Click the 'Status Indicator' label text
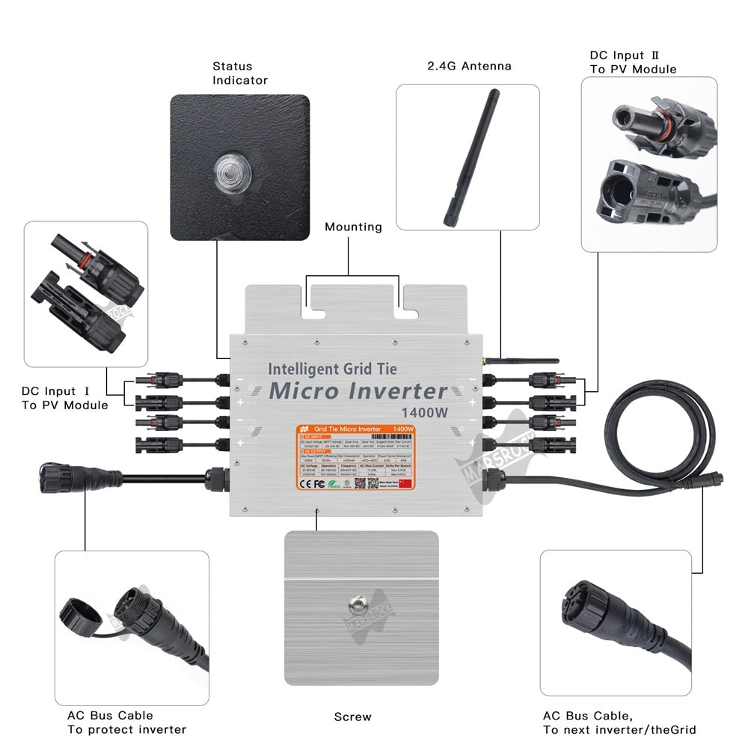[239, 73]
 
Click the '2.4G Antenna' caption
[469, 66]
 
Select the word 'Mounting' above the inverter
[352, 227]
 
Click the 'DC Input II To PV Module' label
[633, 62]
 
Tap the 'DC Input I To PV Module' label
[64, 398]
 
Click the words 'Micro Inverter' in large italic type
[358, 390]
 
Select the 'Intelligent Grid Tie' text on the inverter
[332, 368]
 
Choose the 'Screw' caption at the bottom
[352, 717]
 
